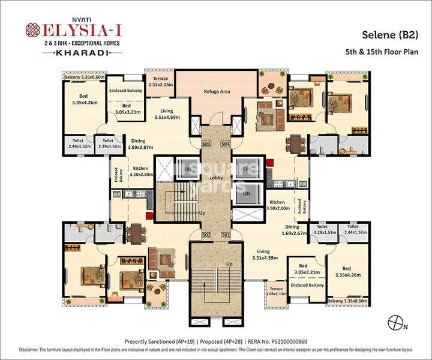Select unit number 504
[225, 145]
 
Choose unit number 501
[225, 235]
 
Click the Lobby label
[216, 178]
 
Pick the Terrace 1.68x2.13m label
[276, 291]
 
